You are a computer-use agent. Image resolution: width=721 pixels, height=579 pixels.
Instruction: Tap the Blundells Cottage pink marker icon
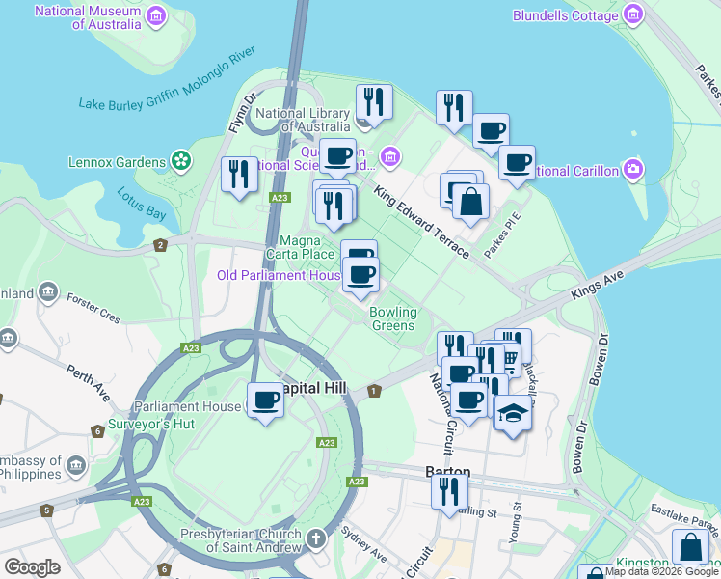coord(633,15)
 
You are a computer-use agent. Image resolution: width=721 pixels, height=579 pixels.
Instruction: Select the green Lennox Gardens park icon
coord(179,160)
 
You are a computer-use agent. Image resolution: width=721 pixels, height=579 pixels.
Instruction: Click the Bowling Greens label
coord(393,318)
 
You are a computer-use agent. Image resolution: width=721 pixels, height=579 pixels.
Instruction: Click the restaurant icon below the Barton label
coord(447,491)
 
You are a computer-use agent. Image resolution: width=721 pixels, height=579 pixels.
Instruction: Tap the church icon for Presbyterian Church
coord(317,536)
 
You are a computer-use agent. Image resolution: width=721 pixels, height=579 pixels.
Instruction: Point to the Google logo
coord(32,567)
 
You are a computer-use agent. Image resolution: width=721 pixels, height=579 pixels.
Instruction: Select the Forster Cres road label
coord(93,308)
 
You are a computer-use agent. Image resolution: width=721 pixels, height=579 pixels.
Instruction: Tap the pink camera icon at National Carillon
coord(632,171)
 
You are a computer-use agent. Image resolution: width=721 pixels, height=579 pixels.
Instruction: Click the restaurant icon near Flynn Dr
coord(238,174)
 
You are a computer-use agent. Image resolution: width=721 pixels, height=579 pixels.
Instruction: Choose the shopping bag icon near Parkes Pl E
coord(470,202)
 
